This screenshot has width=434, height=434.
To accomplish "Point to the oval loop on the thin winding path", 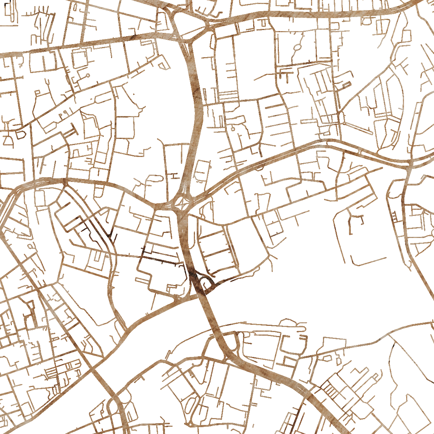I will pos(297,47).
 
